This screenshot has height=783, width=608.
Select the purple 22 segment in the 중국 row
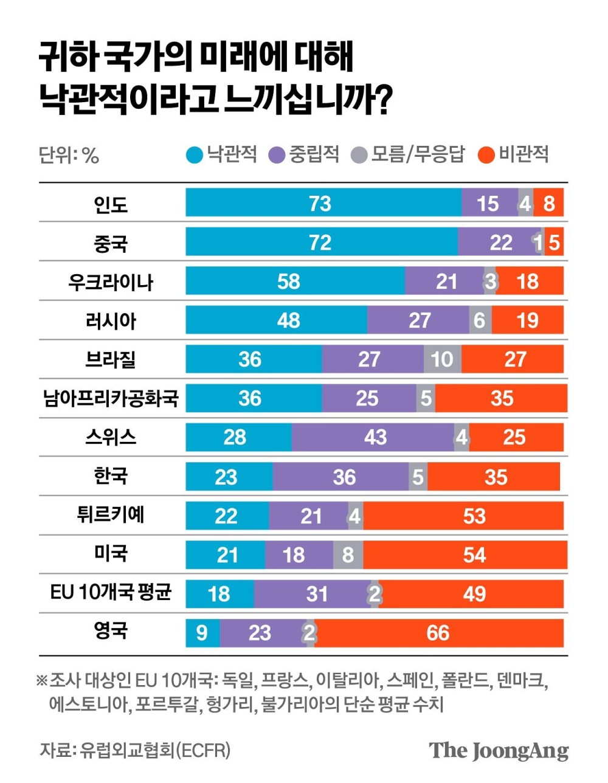(x=500, y=242)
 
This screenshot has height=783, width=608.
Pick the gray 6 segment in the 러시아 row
(x=480, y=320)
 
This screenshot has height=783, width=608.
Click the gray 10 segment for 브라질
(x=442, y=359)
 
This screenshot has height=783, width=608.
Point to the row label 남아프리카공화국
(x=111, y=398)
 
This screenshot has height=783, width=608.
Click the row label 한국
(x=111, y=476)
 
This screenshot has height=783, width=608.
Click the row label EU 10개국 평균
(x=111, y=592)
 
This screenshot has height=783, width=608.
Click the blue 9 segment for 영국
(x=202, y=633)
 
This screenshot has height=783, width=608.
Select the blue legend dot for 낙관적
(x=194, y=155)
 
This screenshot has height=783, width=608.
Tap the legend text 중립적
(x=314, y=154)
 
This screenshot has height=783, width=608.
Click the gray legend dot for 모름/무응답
(x=360, y=155)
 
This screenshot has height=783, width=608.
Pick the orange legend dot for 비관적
(x=486, y=155)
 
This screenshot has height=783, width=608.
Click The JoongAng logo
(x=499, y=750)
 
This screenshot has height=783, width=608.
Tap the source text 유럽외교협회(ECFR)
(x=155, y=750)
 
